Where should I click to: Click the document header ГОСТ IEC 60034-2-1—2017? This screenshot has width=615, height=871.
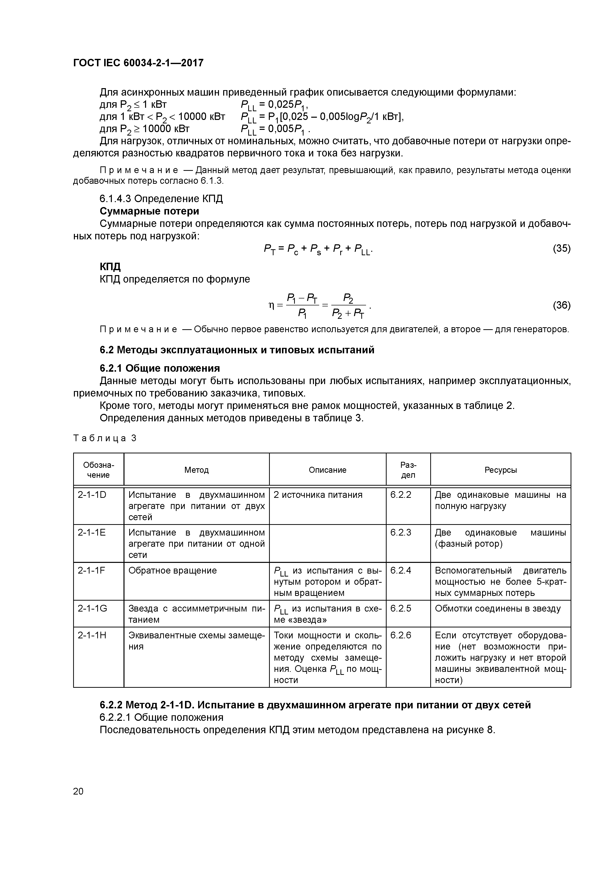(x=138, y=63)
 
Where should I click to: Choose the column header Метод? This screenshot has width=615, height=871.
(x=196, y=470)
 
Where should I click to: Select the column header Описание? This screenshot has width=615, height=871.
(x=327, y=470)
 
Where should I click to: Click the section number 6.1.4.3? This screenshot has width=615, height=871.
(x=116, y=199)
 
